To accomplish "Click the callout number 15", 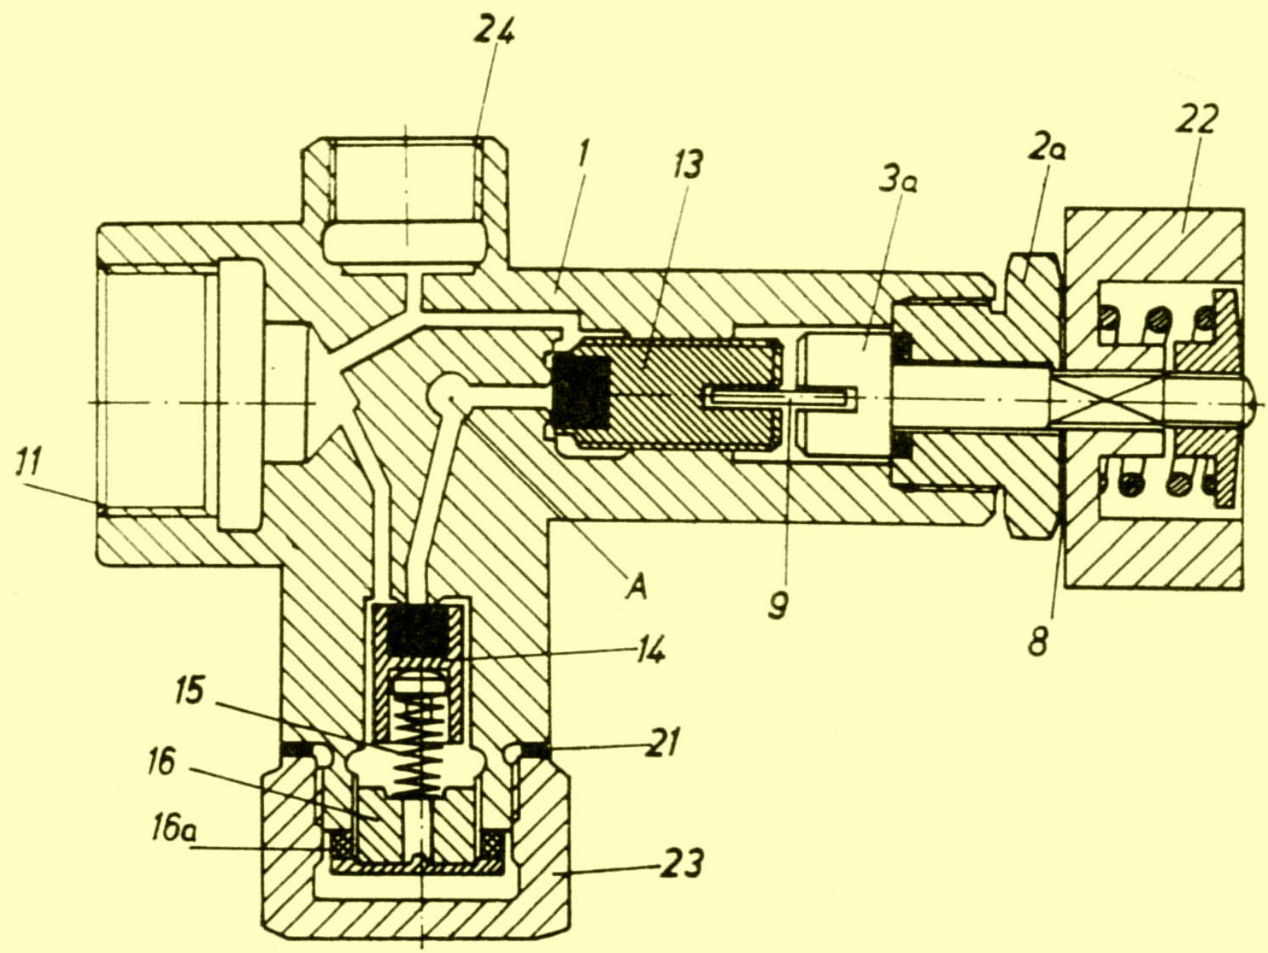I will pos(190,691).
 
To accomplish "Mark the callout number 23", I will pos(681,864).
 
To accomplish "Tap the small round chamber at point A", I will pos(447,391).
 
